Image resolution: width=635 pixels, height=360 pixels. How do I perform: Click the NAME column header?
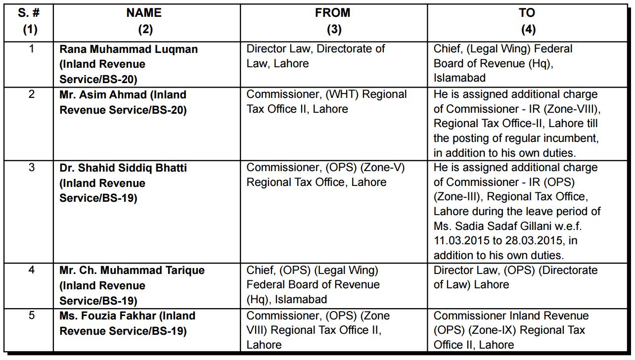[x=144, y=13]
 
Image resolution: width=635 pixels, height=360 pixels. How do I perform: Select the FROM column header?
[x=332, y=13]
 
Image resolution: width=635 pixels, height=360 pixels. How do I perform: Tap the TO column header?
[x=527, y=13]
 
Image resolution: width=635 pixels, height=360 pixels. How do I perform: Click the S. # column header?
[x=29, y=13]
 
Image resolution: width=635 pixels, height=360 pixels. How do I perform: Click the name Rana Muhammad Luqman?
[x=129, y=49]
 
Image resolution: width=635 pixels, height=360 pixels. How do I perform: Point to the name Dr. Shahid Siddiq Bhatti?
[x=123, y=168]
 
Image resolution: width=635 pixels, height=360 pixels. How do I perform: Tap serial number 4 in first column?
[x=32, y=270]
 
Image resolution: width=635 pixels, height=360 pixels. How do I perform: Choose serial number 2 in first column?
[x=32, y=94]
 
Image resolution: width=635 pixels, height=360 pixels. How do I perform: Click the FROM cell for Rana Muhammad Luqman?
[x=316, y=56]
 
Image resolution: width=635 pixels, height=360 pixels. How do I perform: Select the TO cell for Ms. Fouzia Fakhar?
[x=511, y=330]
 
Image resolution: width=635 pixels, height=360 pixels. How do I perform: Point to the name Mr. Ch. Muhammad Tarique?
[x=132, y=270]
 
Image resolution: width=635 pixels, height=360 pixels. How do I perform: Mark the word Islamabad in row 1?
[x=459, y=78]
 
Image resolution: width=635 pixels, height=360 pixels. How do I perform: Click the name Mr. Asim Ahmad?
[x=103, y=94]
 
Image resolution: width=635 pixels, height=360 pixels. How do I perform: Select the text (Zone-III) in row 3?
[x=457, y=197]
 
